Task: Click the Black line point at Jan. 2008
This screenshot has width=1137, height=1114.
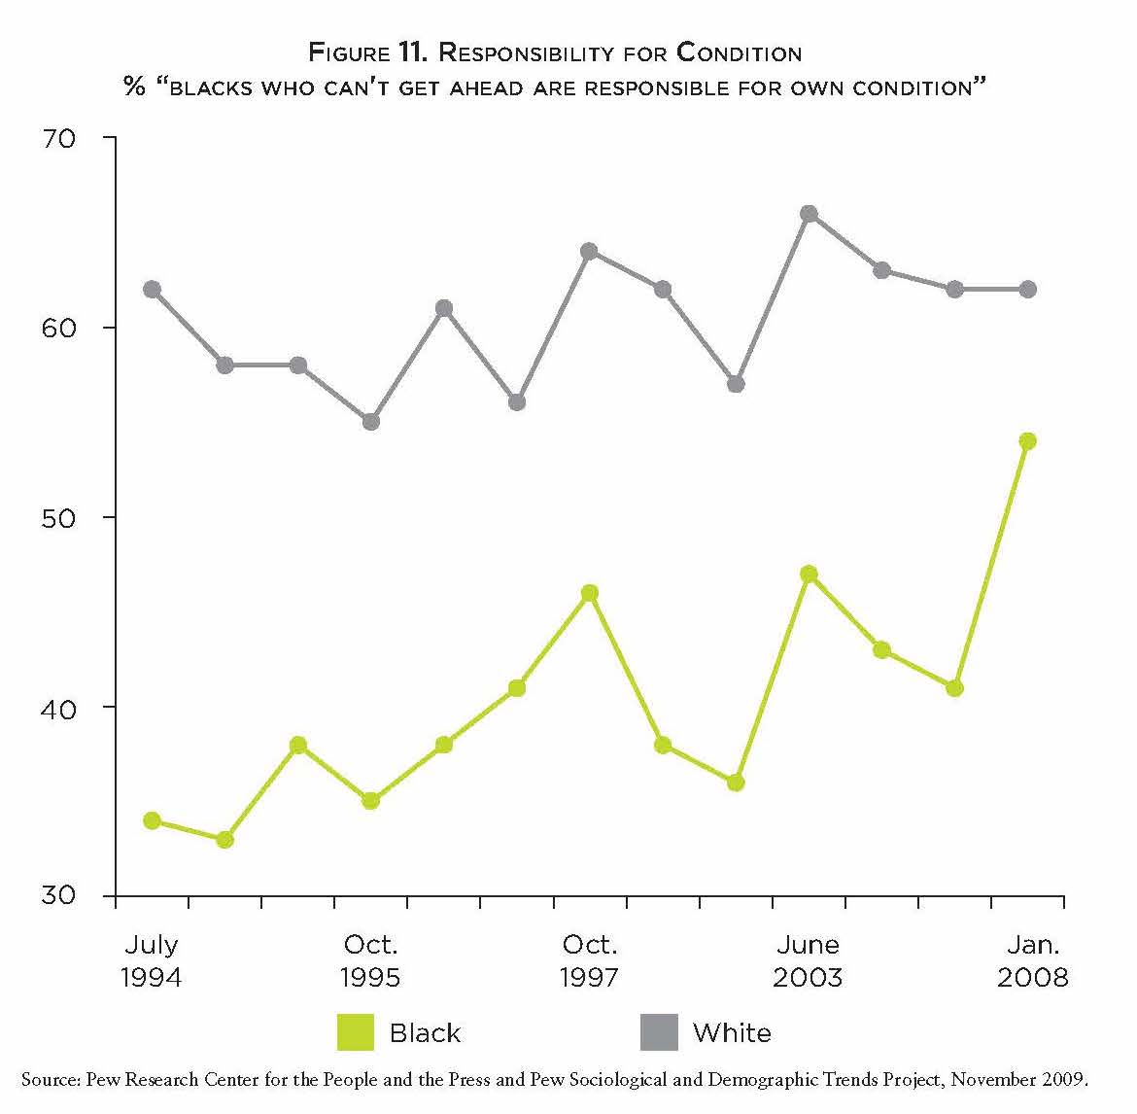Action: (x=1027, y=441)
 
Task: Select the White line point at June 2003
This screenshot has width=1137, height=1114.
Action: (x=809, y=214)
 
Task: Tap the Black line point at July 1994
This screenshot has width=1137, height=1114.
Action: (x=152, y=820)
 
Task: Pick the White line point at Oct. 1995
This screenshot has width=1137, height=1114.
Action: (x=370, y=422)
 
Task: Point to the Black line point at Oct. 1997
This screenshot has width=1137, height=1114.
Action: (x=589, y=593)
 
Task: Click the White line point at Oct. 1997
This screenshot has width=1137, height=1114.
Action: (x=589, y=251)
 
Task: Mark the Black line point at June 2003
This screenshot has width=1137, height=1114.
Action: (x=809, y=574)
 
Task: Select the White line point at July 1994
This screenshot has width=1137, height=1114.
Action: (x=152, y=289)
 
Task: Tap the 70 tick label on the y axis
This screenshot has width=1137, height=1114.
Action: (x=58, y=138)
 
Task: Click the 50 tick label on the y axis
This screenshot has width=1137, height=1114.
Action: (x=58, y=517)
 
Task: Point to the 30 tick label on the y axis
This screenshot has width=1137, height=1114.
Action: (x=58, y=895)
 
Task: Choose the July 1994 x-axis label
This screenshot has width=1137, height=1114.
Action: (x=152, y=960)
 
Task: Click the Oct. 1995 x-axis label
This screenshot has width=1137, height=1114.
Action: (x=370, y=960)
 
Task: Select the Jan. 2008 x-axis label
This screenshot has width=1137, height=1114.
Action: (x=1032, y=960)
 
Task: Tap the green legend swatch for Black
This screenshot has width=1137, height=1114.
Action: (x=355, y=1032)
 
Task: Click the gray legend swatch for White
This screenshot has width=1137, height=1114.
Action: (x=658, y=1032)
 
